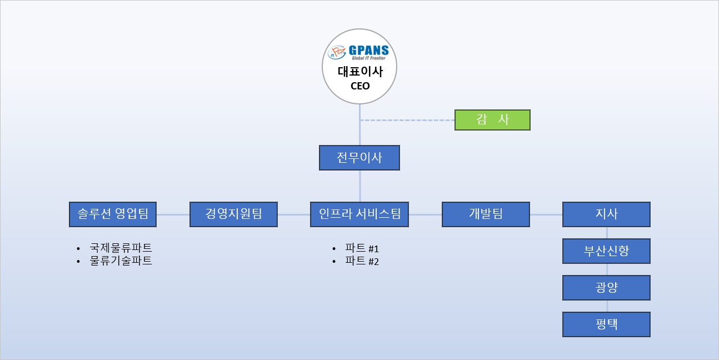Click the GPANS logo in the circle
358,53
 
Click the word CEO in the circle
360,86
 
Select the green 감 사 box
492,120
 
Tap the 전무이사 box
359,158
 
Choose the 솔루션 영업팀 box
113,214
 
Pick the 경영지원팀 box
233,214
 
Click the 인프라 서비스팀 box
359,214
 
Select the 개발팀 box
486,214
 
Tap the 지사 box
606,214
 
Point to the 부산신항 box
606,251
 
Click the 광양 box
606,287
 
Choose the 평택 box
606,324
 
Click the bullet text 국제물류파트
121,248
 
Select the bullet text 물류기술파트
121,261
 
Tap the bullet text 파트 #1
362,248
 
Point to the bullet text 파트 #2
362,261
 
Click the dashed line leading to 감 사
407,121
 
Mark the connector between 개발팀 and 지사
546,214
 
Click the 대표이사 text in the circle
360,71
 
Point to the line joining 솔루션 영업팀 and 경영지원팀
173,214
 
